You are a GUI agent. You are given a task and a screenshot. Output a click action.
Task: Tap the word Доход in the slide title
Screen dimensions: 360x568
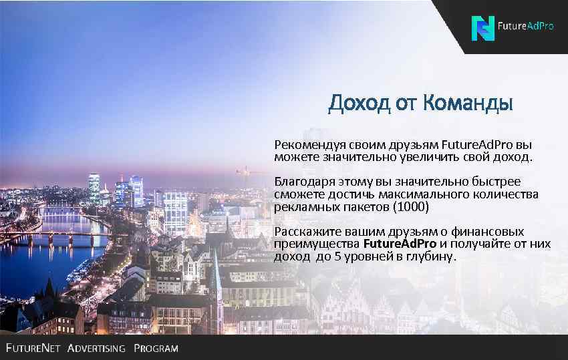[360, 104]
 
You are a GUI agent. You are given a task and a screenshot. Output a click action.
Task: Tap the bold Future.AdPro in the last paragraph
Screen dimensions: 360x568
[400, 244]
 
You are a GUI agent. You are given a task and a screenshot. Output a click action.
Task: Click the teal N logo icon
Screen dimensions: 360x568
[482, 28]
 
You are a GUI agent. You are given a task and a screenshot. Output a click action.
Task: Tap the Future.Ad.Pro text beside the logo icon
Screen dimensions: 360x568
[527, 27]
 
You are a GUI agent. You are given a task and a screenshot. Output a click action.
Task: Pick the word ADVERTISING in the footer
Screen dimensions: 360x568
[96, 349]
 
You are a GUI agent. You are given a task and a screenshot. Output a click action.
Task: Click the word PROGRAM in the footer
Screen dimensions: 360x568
[156, 349]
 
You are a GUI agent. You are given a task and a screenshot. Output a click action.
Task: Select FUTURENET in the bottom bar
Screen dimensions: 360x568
[33, 349]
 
